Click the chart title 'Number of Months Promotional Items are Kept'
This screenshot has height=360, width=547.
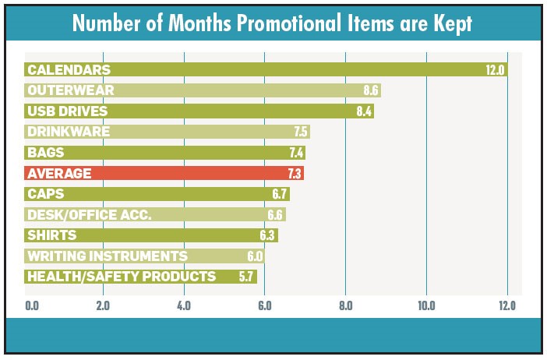pyautogui.click(x=273, y=23)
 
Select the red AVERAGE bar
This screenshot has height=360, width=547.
pyautogui.click(x=164, y=173)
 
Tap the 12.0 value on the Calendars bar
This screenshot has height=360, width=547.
pyautogui.click(x=496, y=70)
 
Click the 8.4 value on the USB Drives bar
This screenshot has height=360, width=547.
pyautogui.click(x=364, y=111)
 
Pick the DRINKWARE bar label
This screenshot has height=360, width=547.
pyautogui.click(x=68, y=132)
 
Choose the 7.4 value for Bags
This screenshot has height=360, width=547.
pyautogui.click(x=294, y=153)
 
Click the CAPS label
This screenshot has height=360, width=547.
pyautogui.click(x=45, y=194)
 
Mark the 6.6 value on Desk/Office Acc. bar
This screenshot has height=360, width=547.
pyautogui.click(x=274, y=214)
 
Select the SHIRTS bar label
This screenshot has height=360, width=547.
pyautogui.click(x=51, y=235)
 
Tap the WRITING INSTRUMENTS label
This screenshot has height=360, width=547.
pyautogui.click(x=107, y=256)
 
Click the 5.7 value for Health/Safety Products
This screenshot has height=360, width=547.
pyautogui.click(x=246, y=277)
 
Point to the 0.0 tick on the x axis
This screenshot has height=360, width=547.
pyautogui.click(x=32, y=305)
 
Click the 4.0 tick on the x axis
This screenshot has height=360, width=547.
pyautogui.click(x=184, y=305)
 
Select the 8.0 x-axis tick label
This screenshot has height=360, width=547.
pyautogui.click(x=345, y=305)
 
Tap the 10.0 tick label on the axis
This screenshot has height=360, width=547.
pyautogui.click(x=426, y=305)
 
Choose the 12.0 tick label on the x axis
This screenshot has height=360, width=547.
pyautogui.click(x=506, y=305)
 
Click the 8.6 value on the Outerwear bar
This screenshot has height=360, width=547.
pyautogui.click(x=370, y=90)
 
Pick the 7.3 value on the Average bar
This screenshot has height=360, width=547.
pyautogui.click(x=293, y=173)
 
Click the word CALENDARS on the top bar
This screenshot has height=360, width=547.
pyautogui.click(x=68, y=70)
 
